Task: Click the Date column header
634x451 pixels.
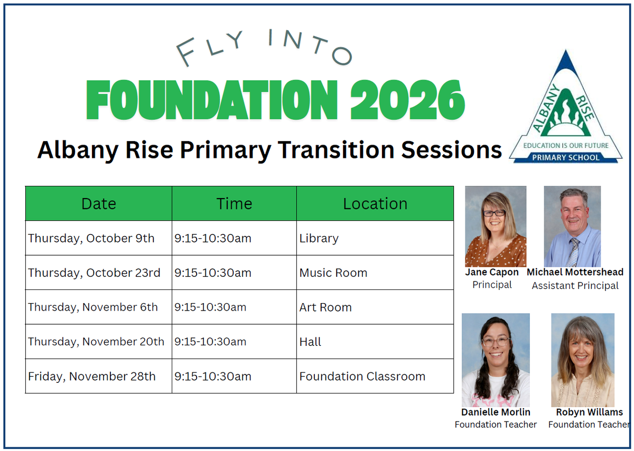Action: click(x=98, y=204)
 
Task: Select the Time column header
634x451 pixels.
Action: click(x=234, y=204)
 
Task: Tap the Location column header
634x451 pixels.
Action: click(x=375, y=204)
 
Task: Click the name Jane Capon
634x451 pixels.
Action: click(x=492, y=272)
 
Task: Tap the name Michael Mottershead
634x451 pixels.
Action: click(x=575, y=272)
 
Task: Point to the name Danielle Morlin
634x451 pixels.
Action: click(x=496, y=412)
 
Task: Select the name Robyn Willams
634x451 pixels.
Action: click(x=589, y=412)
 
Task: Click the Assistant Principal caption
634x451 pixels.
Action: click(x=575, y=286)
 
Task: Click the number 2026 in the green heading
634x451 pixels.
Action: click(x=407, y=100)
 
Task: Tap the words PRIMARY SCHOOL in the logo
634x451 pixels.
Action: click(x=566, y=157)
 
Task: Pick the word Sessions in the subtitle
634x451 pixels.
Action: click(x=451, y=150)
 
